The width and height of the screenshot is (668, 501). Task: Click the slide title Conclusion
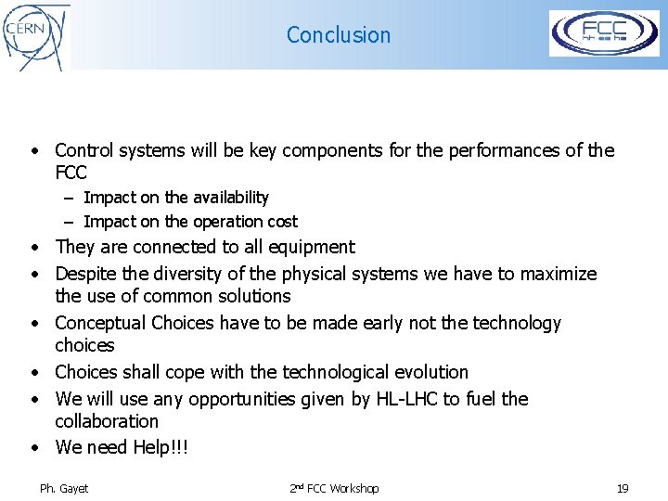point(339,35)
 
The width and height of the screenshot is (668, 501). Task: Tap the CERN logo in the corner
point(36,35)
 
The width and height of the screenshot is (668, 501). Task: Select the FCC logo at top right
point(604,34)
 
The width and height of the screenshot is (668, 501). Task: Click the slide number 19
point(623,488)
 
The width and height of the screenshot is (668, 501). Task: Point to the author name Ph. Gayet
point(64,488)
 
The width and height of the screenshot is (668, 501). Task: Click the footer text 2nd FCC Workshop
point(334,488)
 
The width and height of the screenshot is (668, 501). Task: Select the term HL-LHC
point(427,399)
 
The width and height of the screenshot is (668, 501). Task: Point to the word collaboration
point(107,421)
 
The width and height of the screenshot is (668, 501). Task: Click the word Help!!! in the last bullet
point(161,447)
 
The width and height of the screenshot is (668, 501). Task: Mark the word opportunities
point(243,399)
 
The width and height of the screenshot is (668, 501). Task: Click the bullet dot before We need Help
point(33,447)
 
